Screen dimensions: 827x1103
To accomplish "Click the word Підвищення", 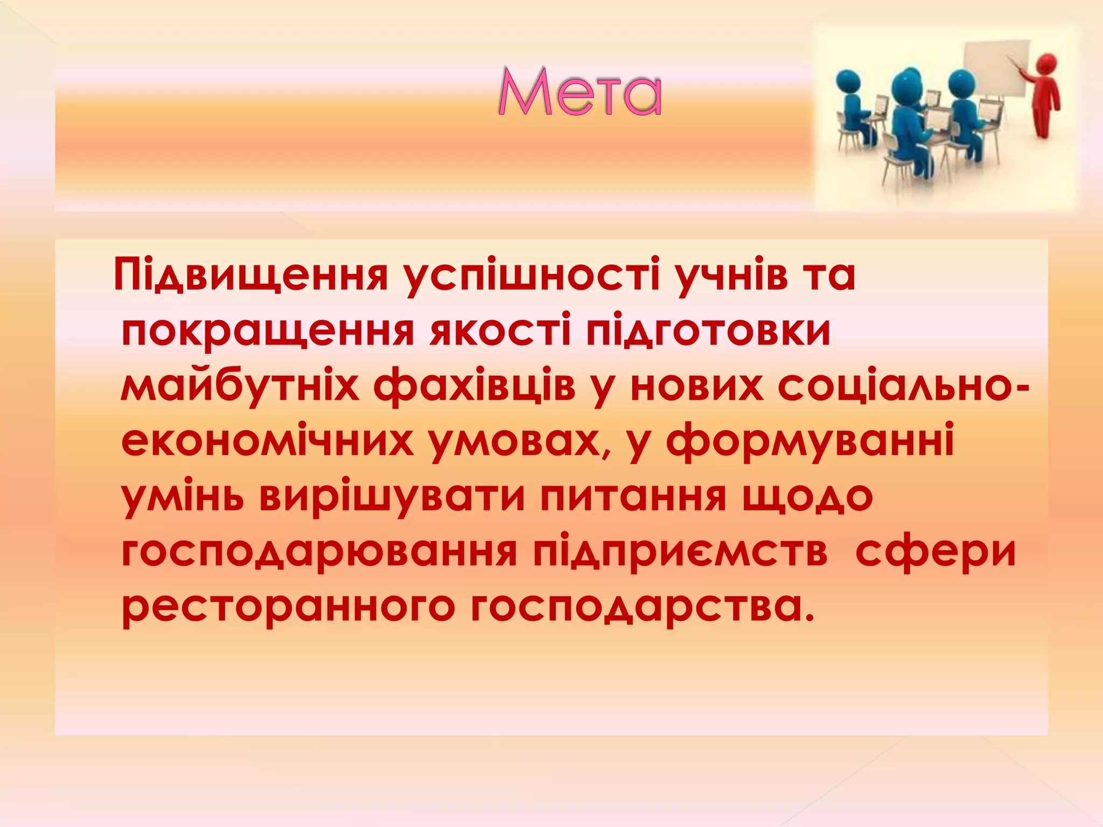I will click(251, 275).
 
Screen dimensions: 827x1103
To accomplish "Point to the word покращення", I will click(268, 331).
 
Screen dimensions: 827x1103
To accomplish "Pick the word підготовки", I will click(708, 331).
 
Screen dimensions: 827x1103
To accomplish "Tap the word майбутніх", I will click(240, 386).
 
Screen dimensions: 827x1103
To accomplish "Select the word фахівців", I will click(474, 386).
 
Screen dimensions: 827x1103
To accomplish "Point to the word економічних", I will click(267, 441).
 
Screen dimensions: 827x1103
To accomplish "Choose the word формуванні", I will click(810, 441).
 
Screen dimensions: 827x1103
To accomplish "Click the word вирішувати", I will click(392, 496).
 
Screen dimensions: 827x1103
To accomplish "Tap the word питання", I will click(634, 496).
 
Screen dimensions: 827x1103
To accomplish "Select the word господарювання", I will click(319, 552).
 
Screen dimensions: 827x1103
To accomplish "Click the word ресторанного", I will click(288, 607).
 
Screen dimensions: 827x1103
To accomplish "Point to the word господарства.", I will click(641, 607).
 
